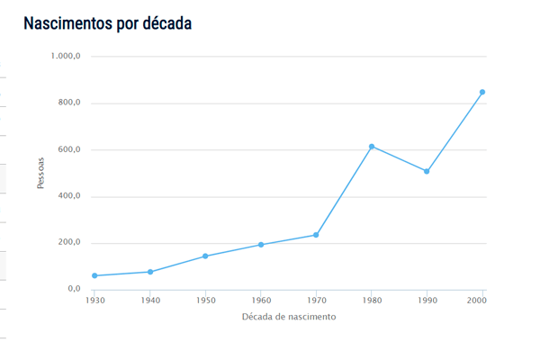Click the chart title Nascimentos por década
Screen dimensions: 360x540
pos(107,23)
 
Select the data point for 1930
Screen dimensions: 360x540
pos(94,275)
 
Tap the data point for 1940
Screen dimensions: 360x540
pos(150,272)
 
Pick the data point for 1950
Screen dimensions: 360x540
pos(205,256)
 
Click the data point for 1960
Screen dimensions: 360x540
pos(261,245)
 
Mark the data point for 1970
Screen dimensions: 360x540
pos(316,235)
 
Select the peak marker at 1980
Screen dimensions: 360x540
pos(372,147)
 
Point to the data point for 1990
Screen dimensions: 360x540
pos(427,171)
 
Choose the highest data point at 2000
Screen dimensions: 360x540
pos(482,92)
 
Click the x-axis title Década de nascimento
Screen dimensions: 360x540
pos(289,317)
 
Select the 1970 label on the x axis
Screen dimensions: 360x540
pos(316,300)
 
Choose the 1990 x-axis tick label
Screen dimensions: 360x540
pos(427,300)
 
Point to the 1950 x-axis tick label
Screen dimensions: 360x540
pos(205,300)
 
